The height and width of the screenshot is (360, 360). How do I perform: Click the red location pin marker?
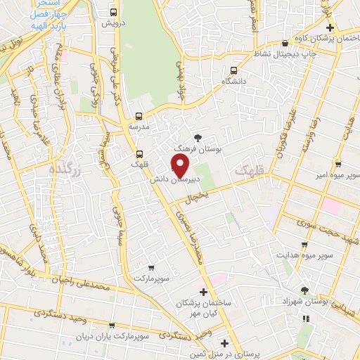coord(180,165)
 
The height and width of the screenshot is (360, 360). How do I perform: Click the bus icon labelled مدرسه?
coord(139,115)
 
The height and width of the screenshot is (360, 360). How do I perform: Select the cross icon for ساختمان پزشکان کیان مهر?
coord(204,291)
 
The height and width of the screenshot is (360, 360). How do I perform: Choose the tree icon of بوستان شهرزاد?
coord(304,290)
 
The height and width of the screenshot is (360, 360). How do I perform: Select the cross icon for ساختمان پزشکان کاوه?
coord(340,26)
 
